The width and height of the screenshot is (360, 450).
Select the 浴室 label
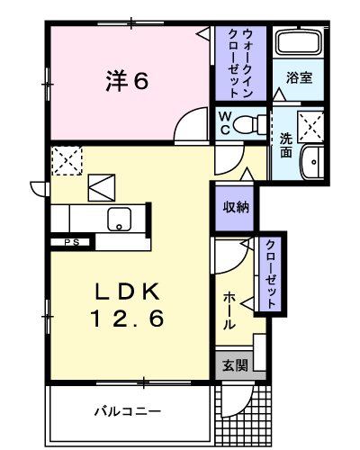(299, 79)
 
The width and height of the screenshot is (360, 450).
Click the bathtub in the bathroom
(300, 43)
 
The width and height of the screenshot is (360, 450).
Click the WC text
(226, 121)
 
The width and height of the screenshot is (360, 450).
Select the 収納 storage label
(236, 206)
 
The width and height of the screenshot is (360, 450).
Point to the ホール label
(229, 310)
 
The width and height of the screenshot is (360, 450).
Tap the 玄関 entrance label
(232, 365)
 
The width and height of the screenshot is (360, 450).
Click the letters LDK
(129, 292)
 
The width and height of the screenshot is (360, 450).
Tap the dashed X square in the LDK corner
(67, 159)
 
